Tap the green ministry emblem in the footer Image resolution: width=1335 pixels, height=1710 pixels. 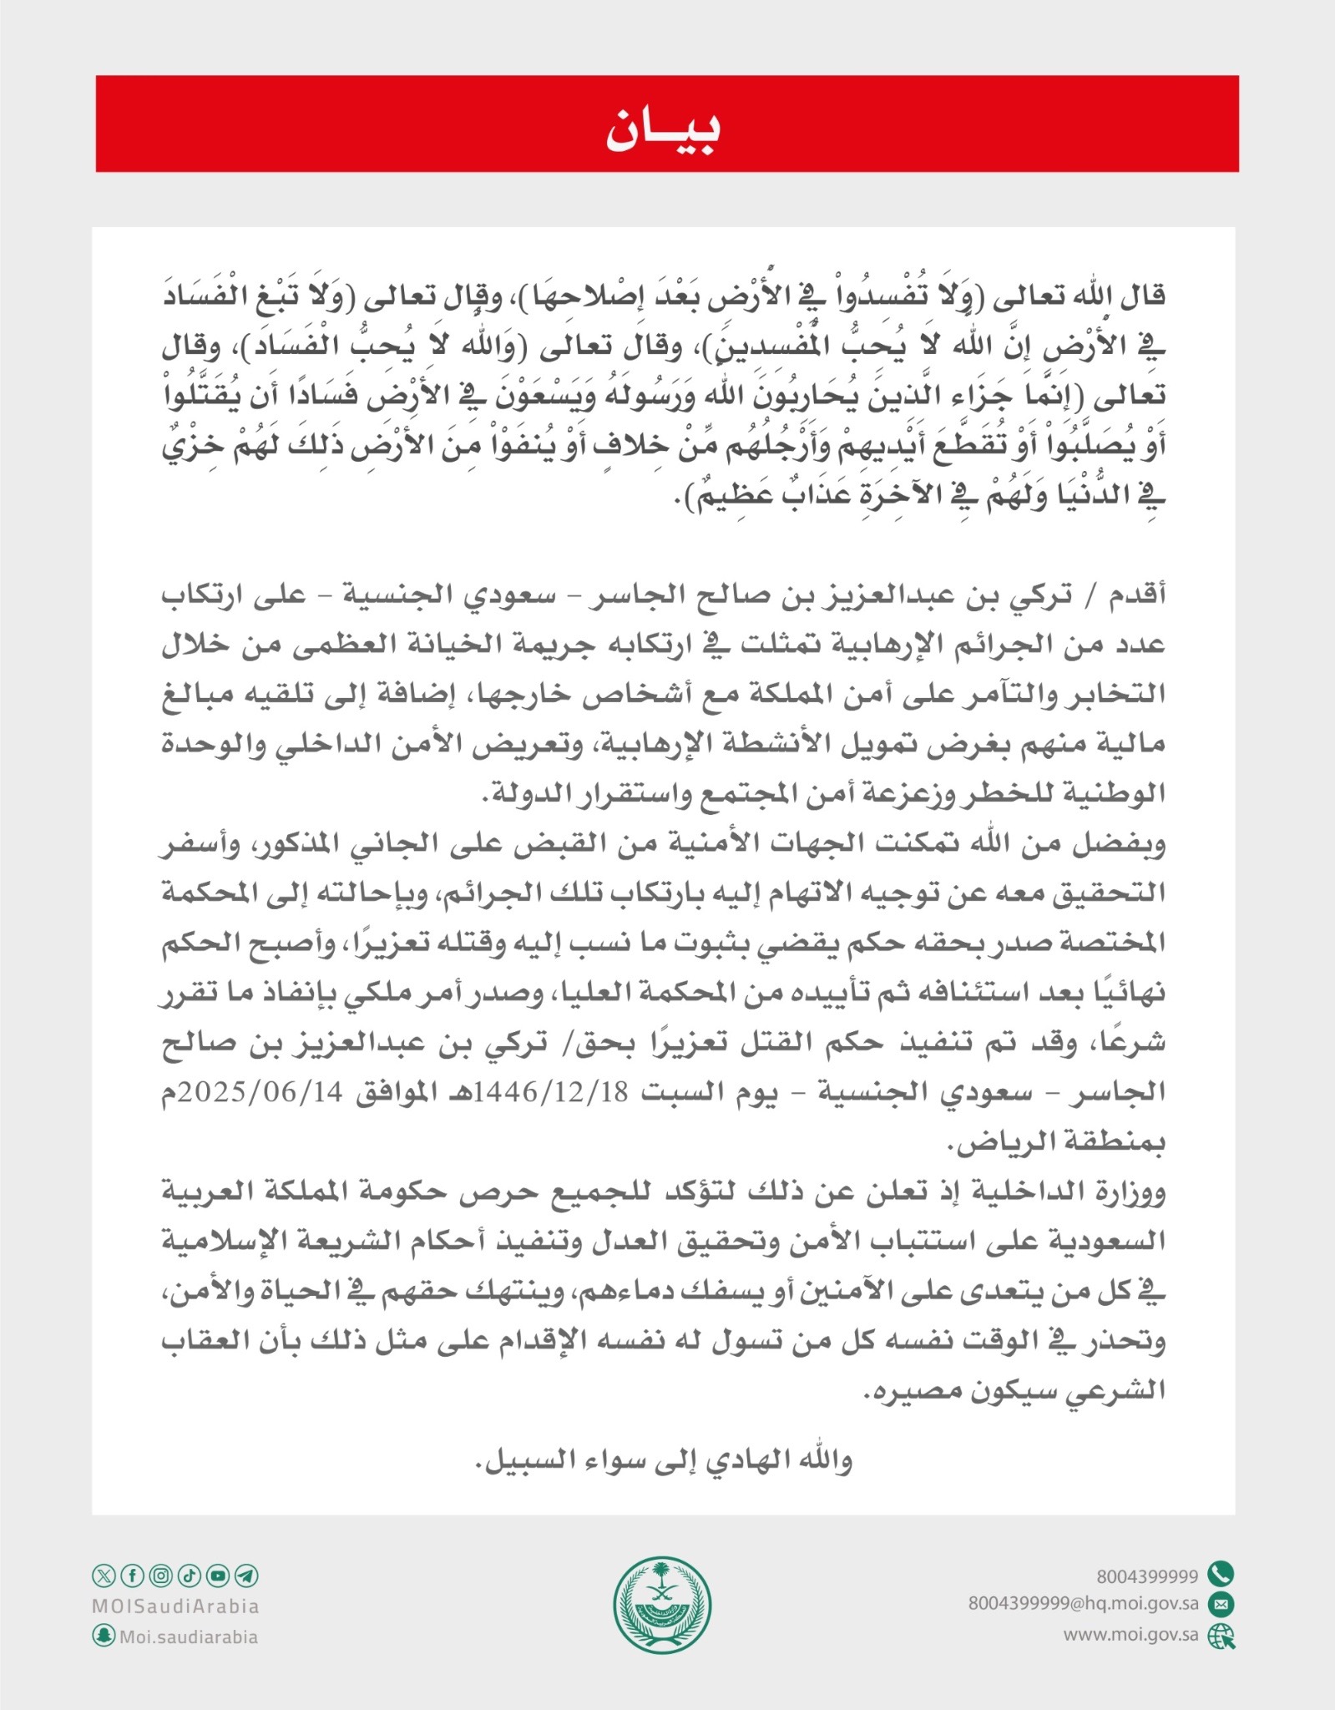(x=662, y=1606)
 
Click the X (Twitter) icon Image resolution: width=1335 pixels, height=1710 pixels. (x=103, y=1576)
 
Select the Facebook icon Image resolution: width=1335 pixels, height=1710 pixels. (x=132, y=1576)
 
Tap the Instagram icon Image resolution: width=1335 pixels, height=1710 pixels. (x=161, y=1576)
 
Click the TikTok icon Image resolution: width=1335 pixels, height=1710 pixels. (x=190, y=1576)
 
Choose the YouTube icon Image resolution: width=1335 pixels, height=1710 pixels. (x=218, y=1576)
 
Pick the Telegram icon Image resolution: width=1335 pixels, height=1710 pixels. (x=246, y=1576)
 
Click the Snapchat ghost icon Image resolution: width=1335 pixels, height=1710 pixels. (x=103, y=1636)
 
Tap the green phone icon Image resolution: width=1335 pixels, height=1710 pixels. (x=1221, y=1574)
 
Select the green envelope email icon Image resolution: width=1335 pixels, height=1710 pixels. (x=1221, y=1604)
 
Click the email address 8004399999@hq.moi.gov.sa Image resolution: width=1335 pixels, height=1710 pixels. (x=1083, y=1604)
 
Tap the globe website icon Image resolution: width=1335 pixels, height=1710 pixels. (x=1221, y=1636)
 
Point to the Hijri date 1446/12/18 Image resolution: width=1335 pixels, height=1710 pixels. (x=551, y=1093)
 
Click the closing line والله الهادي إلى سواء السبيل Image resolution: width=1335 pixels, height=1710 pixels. (x=664, y=1460)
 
